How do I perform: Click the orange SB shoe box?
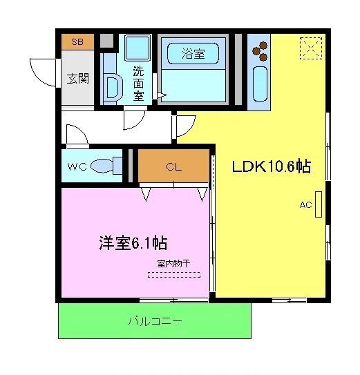click(x=77, y=42)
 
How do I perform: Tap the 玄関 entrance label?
click(x=77, y=77)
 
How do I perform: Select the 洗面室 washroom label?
click(x=139, y=83)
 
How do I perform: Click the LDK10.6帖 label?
click(x=270, y=166)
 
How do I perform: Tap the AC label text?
click(x=305, y=204)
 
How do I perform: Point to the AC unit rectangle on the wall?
click(x=319, y=204)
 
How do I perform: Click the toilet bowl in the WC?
click(x=104, y=166)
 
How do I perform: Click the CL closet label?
click(x=173, y=166)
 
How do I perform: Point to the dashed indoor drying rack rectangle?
click(x=173, y=274)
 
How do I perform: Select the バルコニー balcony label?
click(x=155, y=321)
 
